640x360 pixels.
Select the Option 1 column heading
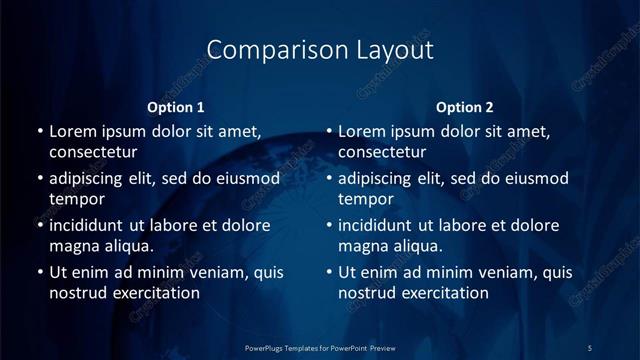[x=176, y=107]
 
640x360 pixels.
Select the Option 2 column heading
[x=465, y=107]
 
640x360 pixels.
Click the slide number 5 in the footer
[x=589, y=347]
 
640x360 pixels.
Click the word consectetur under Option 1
[x=93, y=153]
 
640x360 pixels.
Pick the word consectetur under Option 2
[x=382, y=153]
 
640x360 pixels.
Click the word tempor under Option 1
[x=74, y=199]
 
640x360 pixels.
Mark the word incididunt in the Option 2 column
[x=376, y=226]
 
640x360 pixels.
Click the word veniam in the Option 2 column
[x=490, y=272]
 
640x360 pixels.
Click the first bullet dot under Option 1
[x=39, y=132]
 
